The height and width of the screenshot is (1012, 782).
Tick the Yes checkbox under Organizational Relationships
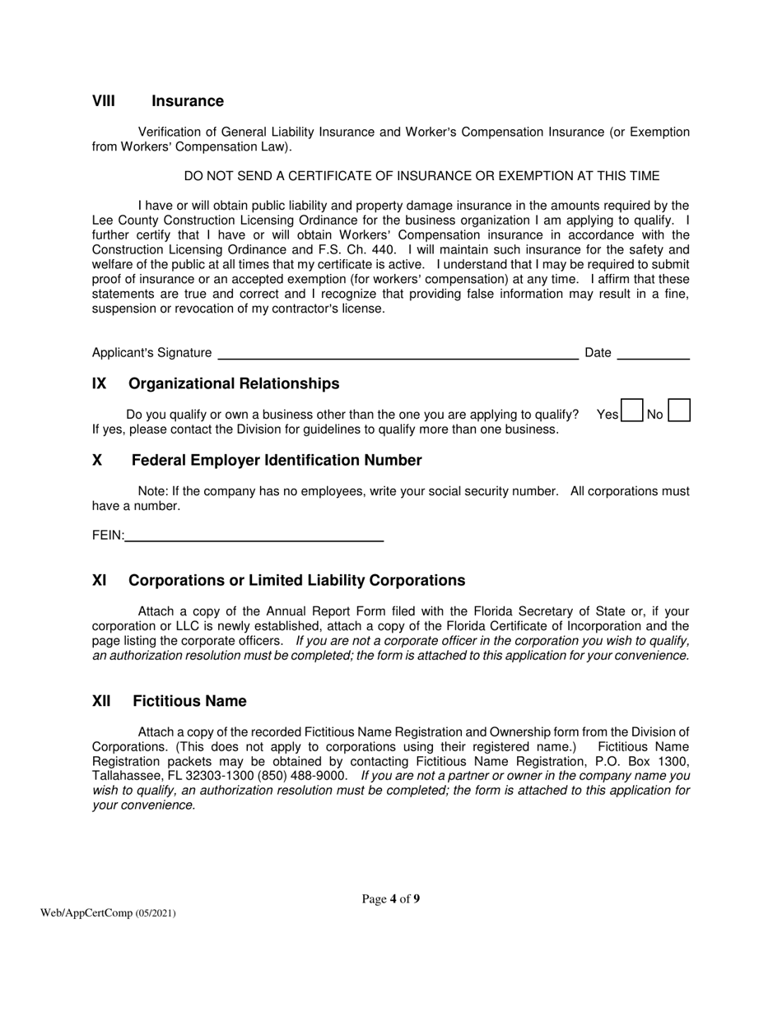631,411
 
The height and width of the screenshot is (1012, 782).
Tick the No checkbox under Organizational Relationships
679,411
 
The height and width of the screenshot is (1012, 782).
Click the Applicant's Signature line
396,354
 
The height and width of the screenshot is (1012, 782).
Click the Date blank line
653,354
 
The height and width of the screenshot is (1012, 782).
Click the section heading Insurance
188,101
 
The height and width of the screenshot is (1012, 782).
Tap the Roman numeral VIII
104,101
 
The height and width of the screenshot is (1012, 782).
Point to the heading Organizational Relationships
234,383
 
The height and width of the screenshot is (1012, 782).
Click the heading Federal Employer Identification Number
277,460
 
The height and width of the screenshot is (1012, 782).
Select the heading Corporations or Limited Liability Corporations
297,580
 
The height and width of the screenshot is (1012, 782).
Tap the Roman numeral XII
101,701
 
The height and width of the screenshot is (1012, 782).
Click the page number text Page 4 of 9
391,898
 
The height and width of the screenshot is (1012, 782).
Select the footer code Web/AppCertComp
87,913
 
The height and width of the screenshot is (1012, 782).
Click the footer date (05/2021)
156,913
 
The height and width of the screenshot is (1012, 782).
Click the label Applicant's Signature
151,353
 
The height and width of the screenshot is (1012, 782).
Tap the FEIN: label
108,536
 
